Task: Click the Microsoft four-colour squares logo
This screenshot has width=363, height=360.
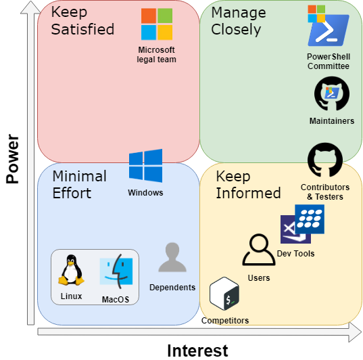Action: [x=157, y=24]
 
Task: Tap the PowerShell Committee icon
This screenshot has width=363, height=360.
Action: [x=329, y=26]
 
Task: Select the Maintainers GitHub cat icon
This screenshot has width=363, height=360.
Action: [x=332, y=93]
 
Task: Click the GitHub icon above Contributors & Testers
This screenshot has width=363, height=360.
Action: [x=325, y=160]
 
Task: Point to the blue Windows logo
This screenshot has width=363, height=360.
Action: [x=145, y=166]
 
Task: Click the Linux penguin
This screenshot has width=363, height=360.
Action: [x=71, y=270]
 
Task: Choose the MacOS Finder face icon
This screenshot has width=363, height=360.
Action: [x=116, y=271]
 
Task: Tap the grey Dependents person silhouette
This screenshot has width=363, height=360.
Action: [x=172, y=257]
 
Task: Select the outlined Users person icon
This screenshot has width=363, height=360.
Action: [x=259, y=250]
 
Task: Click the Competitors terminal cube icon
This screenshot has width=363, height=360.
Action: [x=224, y=294]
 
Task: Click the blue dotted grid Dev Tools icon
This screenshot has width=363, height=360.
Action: [x=310, y=219]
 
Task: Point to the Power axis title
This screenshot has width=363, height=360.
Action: [x=12, y=159]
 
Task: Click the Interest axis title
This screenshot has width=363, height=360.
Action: [x=197, y=351]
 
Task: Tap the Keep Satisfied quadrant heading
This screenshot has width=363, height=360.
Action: [x=82, y=20]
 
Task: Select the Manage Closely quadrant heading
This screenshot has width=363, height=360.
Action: [x=239, y=21]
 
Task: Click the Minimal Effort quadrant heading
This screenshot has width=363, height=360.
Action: [x=79, y=185]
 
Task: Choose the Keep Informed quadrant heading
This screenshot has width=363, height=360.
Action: [x=248, y=185]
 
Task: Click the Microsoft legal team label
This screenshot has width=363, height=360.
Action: [x=157, y=55]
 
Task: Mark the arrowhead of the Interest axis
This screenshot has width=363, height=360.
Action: [x=356, y=332]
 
